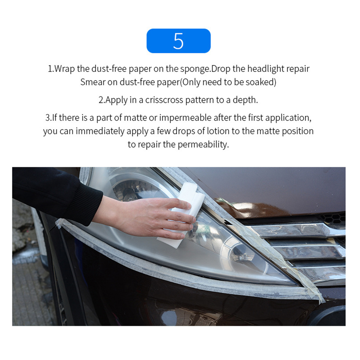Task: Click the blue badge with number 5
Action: click(x=178, y=41)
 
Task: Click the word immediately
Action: click(x=100, y=131)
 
